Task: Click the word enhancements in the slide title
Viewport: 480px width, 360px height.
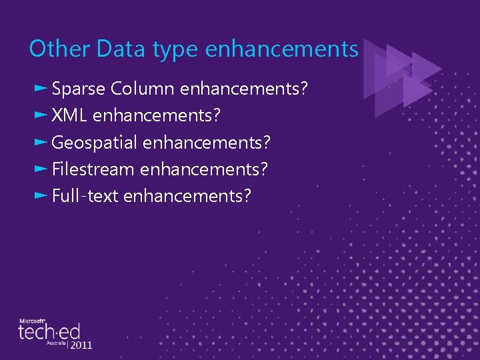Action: pos(283,49)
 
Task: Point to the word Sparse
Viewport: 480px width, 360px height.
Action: pos(79,89)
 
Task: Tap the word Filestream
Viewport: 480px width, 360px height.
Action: pos(93,169)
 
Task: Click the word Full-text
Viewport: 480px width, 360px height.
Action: pos(85,196)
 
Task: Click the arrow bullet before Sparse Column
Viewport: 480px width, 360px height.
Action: pos(40,88)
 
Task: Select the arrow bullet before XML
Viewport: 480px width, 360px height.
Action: pos(40,115)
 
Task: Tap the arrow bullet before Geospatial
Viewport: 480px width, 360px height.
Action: pos(40,142)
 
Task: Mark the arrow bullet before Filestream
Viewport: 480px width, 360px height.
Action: pos(40,169)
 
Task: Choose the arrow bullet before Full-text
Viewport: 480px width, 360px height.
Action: pos(40,195)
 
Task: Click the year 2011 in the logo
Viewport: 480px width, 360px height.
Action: pos(81,345)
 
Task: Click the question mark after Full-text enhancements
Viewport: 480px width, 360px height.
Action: pos(247,196)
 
